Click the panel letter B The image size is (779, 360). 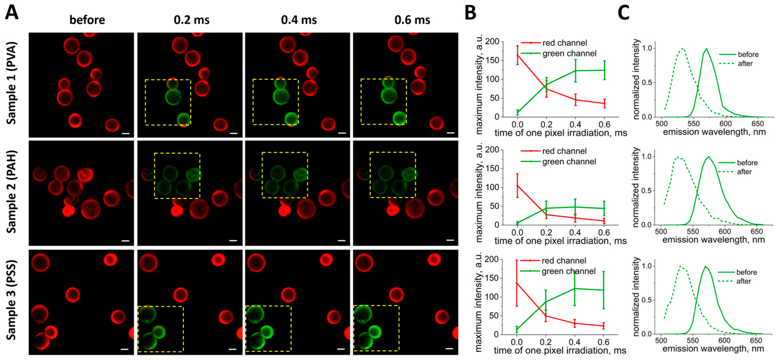(470, 13)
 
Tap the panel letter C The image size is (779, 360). (623, 13)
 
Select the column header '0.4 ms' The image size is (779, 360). (299, 20)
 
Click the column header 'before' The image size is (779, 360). (87, 20)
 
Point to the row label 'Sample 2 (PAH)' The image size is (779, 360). (11, 192)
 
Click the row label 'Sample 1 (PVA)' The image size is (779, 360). (11, 83)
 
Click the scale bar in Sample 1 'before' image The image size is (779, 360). (126, 133)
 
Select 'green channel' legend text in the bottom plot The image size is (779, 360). (568, 271)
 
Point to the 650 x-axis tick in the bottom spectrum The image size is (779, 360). (756, 340)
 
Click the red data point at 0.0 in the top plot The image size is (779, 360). (518, 55)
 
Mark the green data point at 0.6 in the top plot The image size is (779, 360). (604, 70)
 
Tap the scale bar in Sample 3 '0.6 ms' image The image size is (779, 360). (449, 349)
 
